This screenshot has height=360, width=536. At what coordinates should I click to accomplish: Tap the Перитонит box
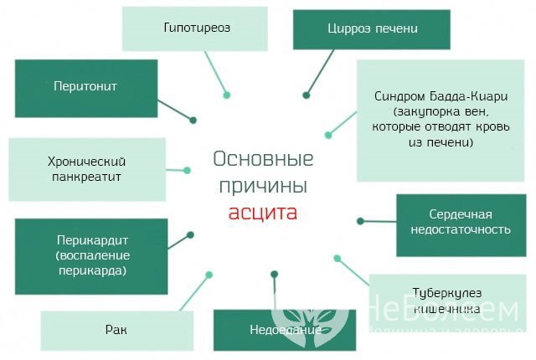click(x=85, y=85)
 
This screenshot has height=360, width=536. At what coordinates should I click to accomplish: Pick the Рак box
click(x=116, y=330)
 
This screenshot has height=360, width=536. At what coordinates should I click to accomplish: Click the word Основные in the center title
click(x=263, y=159)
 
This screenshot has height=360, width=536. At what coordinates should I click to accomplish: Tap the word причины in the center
click(x=263, y=184)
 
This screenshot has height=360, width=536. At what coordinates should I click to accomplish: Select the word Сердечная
click(x=460, y=213)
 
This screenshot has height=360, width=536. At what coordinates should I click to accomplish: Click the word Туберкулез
click(x=446, y=293)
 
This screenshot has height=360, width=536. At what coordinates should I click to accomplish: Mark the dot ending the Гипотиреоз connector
click(x=227, y=95)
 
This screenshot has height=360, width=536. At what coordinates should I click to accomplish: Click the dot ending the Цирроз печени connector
click(x=307, y=95)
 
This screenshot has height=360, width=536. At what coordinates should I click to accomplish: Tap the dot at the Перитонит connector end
click(x=193, y=120)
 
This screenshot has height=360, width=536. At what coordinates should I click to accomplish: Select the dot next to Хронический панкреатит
click(x=187, y=170)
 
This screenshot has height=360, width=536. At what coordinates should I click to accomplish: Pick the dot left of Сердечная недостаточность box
click(x=360, y=221)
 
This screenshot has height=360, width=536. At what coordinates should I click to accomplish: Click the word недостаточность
click(x=460, y=229)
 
